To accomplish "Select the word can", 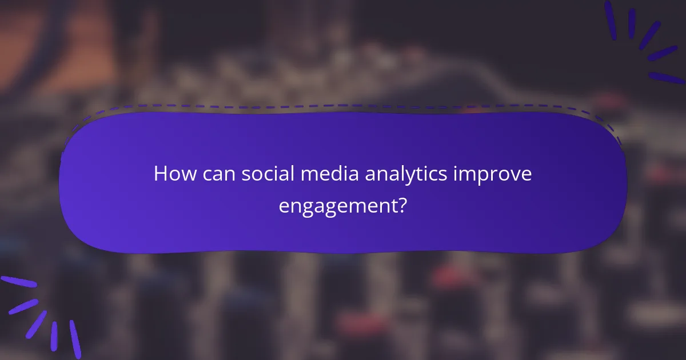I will click(217, 174).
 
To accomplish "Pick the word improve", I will click(492, 174).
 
